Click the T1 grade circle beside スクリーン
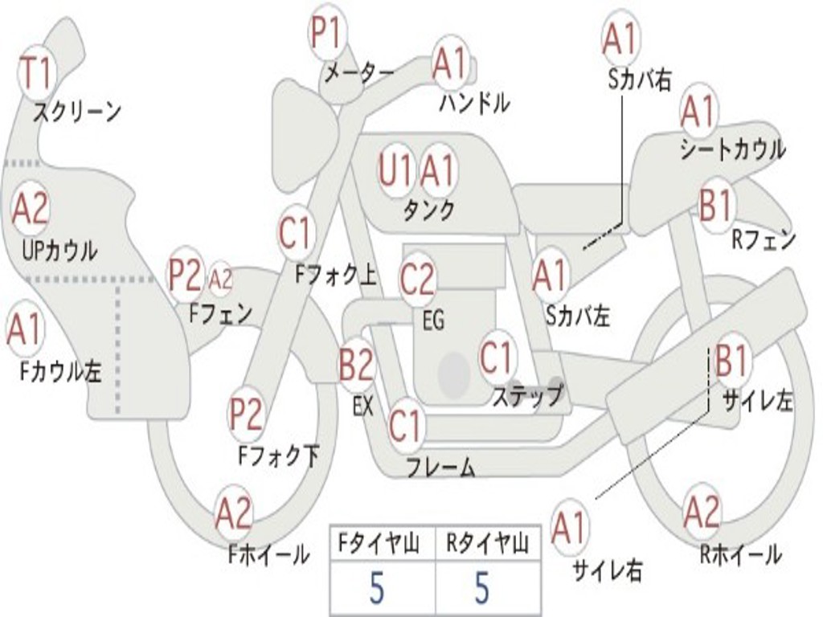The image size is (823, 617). point(35,72)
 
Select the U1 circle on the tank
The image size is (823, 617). point(396,170)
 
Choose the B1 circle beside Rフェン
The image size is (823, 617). point(714,206)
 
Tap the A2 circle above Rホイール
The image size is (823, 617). point(702,512)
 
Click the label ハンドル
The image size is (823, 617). point(474,103)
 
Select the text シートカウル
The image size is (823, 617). point(732,149)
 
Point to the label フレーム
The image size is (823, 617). point(440,467)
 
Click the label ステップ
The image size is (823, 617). point(528,396)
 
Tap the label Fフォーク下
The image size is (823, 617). point(278,456)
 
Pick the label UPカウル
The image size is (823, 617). point(59,251)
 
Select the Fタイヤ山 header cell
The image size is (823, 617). point(381,545)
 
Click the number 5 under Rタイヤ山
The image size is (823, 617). point(481,590)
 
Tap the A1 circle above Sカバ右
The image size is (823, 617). point(620,37)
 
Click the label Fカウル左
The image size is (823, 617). point(61,371)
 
